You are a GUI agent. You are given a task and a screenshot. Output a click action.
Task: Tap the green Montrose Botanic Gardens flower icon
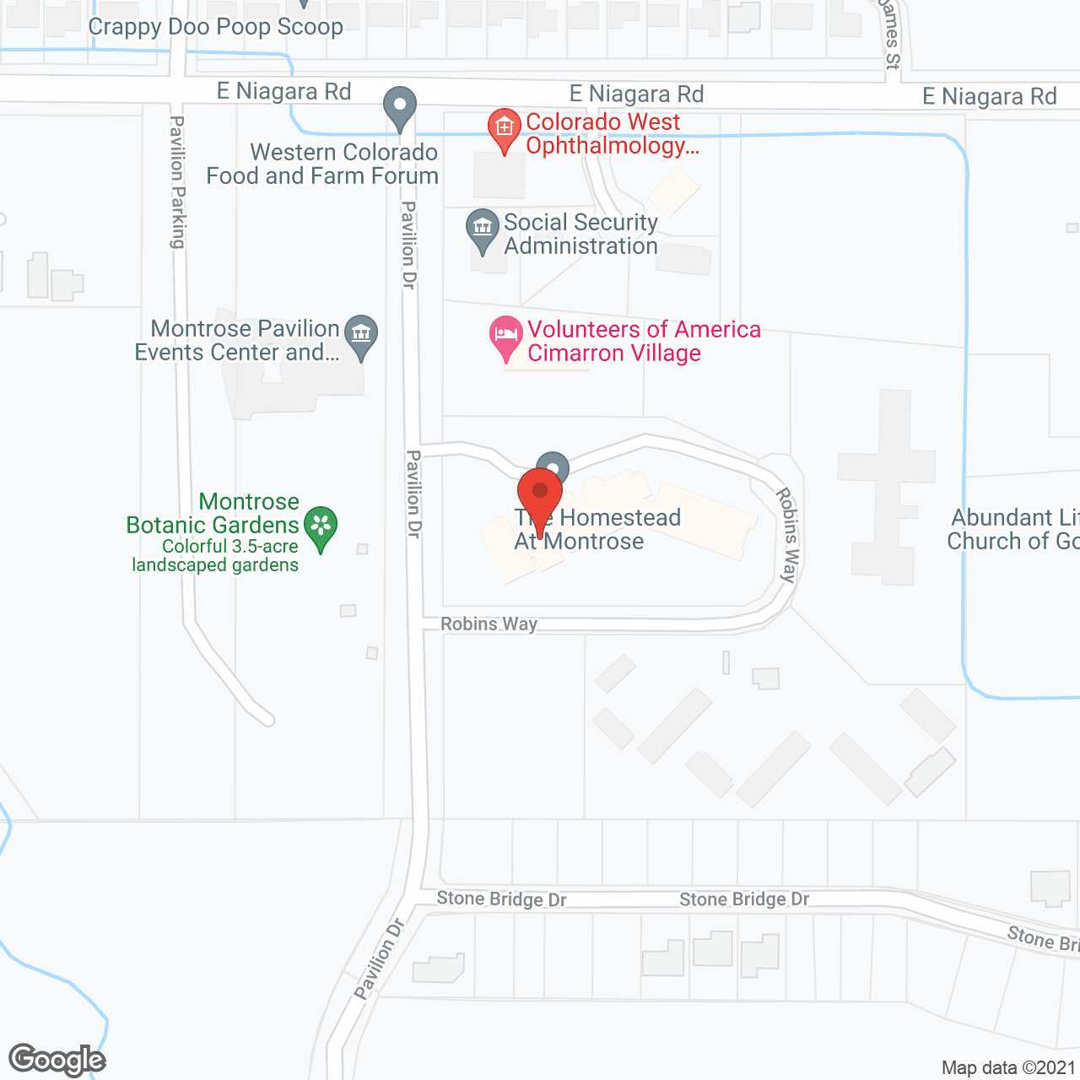coord(321,526)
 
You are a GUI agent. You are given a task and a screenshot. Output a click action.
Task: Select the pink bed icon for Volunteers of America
coord(505,336)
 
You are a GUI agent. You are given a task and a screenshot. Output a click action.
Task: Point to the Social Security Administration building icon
coord(483,229)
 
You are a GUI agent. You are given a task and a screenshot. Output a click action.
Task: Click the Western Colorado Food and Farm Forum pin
coord(400,108)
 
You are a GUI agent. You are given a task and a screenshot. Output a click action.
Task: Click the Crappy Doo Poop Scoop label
coord(215,27)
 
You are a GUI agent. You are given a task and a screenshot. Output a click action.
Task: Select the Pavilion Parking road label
coord(177,182)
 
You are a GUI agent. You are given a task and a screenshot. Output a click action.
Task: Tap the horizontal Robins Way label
coord(489,624)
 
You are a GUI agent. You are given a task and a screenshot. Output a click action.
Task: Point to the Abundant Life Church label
coord(1012,529)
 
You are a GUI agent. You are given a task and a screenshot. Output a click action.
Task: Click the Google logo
coord(57,1060)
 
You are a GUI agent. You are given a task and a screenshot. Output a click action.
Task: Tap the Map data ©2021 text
coord(1008,1067)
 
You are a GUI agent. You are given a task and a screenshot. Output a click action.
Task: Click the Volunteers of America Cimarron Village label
coord(644,341)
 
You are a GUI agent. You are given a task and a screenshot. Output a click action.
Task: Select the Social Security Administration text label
coord(580,234)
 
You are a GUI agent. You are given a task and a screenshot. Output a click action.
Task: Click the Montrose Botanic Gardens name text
coord(213,513)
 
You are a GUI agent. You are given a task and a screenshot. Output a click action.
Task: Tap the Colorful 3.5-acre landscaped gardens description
coord(216,555)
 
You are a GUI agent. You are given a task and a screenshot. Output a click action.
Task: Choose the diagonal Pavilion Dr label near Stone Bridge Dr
coord(380,958)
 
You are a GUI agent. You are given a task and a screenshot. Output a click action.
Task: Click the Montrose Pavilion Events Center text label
coord(237,340)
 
